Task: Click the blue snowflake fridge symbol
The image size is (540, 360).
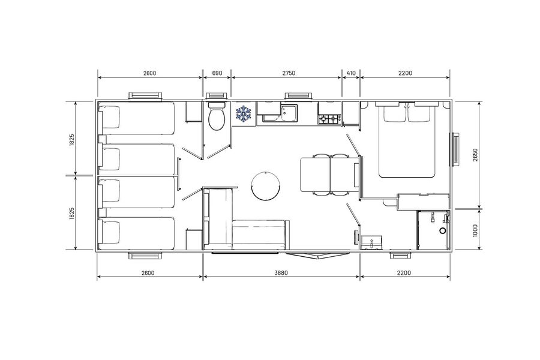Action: [x=244, y=113]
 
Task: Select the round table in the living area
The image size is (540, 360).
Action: [x=266, y=185]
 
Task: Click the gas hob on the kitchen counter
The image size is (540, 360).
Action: [x=329, y=119]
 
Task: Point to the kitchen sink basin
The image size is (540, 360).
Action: [x=289, y=112]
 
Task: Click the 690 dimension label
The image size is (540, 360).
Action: [x=217, y=73]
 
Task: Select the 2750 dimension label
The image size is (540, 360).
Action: [x=289, y=73]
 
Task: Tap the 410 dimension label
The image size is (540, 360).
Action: [x=351, y=73]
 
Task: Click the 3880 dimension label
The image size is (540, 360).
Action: [x=281, y=273]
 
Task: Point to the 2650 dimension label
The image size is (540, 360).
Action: [x=475, y=155]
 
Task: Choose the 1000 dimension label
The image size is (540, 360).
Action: [x=475, y=230]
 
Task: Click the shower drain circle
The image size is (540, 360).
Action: [x=443, y=231]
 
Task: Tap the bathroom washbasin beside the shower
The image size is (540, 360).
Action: [x=371, y=242]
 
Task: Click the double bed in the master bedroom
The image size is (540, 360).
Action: [x=407, y=140]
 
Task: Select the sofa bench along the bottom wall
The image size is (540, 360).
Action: [x=260, y=235]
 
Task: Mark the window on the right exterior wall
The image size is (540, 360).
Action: [x=455, y=149]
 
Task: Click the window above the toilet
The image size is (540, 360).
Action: [x=216, y=96]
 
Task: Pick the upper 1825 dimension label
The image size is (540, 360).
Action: [x=72, y=140]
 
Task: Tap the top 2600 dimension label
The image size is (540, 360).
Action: [x=149, y=73]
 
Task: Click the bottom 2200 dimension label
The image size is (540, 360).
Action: [x=404, y=273]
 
